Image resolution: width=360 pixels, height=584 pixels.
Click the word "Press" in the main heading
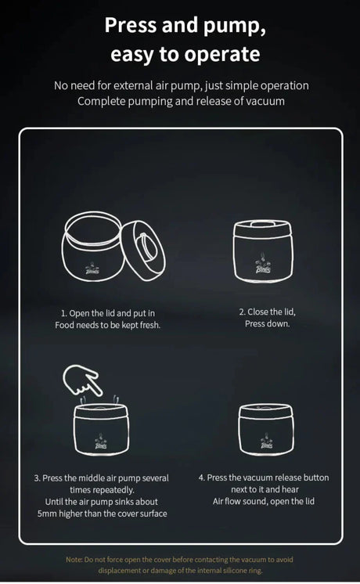131,25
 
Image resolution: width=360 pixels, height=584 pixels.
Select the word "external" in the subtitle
133,85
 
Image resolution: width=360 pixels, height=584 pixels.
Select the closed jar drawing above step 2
263,251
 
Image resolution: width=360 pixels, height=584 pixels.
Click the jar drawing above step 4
266,430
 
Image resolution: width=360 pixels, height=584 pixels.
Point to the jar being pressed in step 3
102,428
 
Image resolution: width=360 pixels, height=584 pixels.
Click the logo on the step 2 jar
263,266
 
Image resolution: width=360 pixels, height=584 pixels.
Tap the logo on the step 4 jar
267,442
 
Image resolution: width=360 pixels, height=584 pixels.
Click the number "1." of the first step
64,314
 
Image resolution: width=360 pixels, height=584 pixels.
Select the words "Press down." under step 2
267,323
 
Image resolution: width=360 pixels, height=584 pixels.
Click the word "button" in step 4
316,478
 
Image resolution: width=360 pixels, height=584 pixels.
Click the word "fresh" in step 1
149,325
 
